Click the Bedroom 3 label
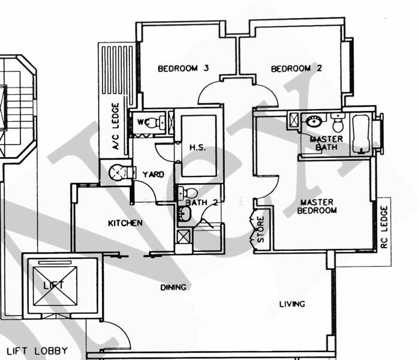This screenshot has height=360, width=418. (x=183, y=68)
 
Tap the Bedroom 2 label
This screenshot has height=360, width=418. (x=296, y=68)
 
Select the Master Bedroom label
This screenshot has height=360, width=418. (x=317, y=206)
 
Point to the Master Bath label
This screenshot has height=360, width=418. (x=326, y=143)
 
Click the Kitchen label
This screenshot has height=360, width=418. (x=125, y=223)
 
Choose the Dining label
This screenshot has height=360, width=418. (x=173, y=287)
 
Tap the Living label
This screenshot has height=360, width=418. (x=291, y=304)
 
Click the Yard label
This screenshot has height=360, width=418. (x=154, y=175)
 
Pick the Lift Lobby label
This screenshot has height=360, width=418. (x=37, y=351)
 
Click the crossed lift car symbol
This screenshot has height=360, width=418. (x=55, y=286)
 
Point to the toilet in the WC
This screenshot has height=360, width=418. (x=153, y=123)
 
